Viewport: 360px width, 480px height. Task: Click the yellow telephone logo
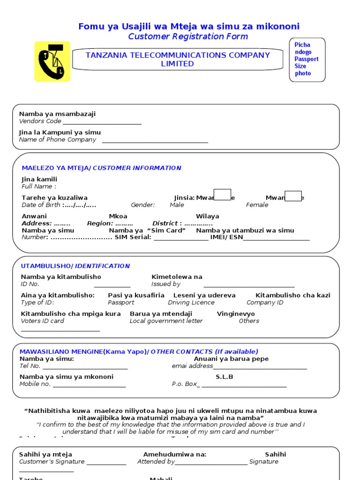coord(52,61)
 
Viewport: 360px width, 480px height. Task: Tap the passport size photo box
coord(307,60)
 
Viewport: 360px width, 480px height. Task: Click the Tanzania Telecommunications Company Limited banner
coord(177,59)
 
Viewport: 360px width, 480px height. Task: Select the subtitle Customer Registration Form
coord(188,37)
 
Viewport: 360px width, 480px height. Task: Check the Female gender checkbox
coord(293,196)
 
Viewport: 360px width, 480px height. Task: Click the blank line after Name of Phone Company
coord(155,142)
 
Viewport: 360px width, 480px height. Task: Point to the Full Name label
coord(37,187)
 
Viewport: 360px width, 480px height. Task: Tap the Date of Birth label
coord(41,205)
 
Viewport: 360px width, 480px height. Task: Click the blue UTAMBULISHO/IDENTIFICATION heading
coord(75,266)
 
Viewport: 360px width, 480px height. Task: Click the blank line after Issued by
coord(249,286)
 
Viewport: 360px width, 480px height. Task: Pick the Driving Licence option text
coord(191,302)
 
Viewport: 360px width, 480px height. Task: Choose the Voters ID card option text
coord(43,321)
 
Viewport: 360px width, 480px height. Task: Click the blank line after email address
coord(260,368)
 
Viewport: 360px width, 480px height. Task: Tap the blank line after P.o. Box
coord(244,387)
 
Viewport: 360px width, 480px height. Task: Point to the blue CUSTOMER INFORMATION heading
coord(137,168)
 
